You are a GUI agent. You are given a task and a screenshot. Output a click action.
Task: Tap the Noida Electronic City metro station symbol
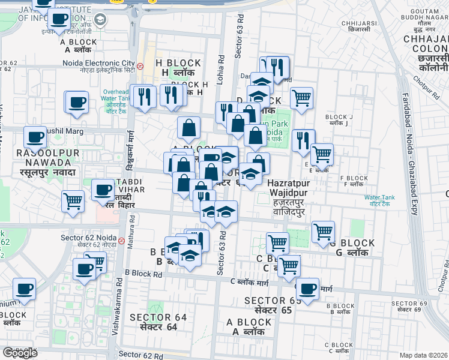tap(140, 66)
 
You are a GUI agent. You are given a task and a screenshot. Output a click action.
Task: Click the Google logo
tap(20, 353)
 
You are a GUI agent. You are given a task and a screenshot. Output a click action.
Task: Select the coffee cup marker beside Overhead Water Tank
tap(76, 103)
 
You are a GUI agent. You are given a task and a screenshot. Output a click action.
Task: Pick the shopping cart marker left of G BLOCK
tap(323, 231)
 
